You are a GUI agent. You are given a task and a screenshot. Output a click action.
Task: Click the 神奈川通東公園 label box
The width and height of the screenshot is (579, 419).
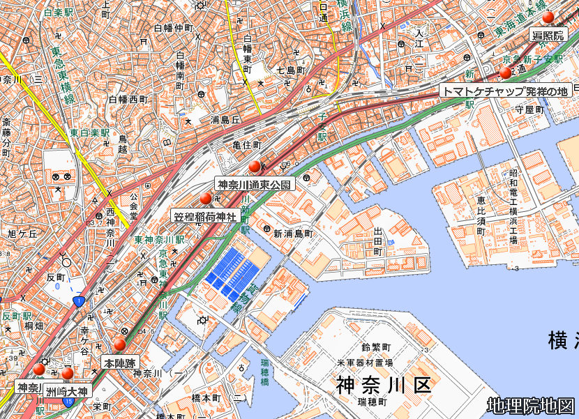tap(255, 185)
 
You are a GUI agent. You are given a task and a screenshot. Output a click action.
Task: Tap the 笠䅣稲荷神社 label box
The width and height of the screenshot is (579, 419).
tap(205, 217)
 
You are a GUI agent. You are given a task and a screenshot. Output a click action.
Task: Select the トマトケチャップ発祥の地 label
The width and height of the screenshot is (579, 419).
tap(506, 91)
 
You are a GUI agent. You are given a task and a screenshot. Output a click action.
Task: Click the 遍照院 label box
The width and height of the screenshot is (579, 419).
tap(549, 36)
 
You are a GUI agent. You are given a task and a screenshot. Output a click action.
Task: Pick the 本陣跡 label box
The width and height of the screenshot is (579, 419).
tap(120, 363)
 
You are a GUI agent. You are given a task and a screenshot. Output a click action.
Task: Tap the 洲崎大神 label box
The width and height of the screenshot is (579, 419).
tap(67, 392)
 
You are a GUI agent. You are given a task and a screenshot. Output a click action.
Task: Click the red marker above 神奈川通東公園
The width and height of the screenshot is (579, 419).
tap(255, 166)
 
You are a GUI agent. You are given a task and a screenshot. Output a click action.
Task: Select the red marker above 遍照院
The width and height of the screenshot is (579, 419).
tap(548, 17)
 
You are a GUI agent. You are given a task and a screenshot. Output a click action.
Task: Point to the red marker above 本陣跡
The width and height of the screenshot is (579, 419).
tap(120, 344)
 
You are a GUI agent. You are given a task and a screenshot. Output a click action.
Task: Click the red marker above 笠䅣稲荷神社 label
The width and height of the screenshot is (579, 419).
tap(205, 199)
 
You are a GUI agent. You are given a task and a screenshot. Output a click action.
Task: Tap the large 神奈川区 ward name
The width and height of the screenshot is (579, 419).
tap(384, 384)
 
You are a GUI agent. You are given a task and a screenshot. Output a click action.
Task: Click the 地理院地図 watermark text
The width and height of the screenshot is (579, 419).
tap(531, 406)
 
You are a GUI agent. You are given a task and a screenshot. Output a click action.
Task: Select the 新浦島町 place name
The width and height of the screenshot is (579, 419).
tap(293, 234)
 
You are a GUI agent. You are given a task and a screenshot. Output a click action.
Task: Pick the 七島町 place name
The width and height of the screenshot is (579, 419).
tap(291, 70)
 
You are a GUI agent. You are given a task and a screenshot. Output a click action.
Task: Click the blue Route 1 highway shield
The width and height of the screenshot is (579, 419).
tap(77, 301)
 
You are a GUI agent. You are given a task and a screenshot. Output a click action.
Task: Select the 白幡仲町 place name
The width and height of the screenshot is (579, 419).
tap(172, 29)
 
